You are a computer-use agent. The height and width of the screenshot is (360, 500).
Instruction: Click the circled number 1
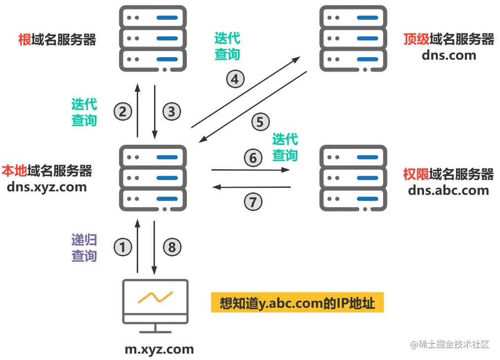[x=123, y=247]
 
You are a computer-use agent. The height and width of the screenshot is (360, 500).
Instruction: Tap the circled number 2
[x=123, y=111]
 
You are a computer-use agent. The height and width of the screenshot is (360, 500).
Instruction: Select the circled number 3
[x=171, y=111]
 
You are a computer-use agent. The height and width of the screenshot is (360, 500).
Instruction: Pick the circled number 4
[x=235, y=79]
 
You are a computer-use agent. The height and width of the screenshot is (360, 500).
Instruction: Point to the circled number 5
[x=260, y=122]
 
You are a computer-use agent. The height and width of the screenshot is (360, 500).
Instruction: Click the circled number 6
[x=253, y=158]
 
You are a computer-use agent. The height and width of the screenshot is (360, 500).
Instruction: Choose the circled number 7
[x=253, y=201]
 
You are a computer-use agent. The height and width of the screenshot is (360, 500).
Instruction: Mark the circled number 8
[x=171, y=247]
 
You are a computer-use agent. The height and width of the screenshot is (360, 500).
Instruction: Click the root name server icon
[x=153, y=38]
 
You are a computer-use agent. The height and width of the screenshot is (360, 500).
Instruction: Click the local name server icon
[x=153, y=178]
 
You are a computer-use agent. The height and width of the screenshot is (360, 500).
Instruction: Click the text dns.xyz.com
[x=47, y=187]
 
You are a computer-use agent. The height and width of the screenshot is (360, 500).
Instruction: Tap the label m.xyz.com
[x=159, y=349]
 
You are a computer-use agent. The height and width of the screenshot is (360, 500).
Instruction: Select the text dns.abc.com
[x=448, y=190]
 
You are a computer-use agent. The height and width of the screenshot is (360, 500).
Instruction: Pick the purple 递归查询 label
[x=84, y=248]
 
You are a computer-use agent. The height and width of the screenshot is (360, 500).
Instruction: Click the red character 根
[x=25, y=39]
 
